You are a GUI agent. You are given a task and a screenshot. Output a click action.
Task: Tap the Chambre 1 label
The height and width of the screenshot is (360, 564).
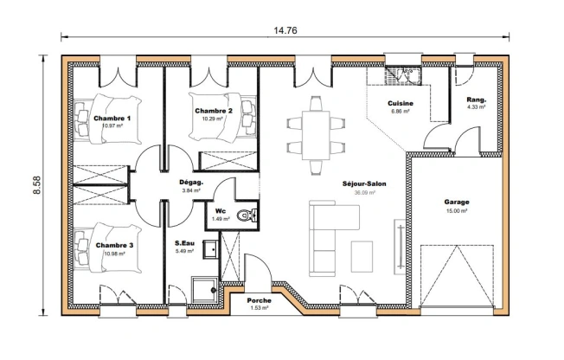(112, 119)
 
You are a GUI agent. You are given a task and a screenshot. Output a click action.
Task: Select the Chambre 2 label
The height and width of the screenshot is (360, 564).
(213, 112)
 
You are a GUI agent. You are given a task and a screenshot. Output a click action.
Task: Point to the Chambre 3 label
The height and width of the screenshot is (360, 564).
(114, 246)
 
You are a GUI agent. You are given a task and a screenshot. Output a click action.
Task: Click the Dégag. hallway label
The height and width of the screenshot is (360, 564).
(190, 183)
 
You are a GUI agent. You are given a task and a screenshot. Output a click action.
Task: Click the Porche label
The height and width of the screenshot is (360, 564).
(260, 300)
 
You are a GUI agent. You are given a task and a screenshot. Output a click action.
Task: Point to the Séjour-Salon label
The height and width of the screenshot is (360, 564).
(363, 184)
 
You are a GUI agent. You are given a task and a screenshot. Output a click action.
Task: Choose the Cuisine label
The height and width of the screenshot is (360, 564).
(401, 104)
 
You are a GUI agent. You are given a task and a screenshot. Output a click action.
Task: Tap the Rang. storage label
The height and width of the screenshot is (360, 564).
(476, 100)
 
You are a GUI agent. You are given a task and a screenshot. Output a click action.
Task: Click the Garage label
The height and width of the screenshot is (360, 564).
(456, 202)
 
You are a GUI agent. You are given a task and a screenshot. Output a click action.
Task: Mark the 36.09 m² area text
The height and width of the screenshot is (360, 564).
(364, 193)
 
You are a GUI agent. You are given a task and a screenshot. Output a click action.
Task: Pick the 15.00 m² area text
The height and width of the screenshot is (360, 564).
(456, 210)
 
